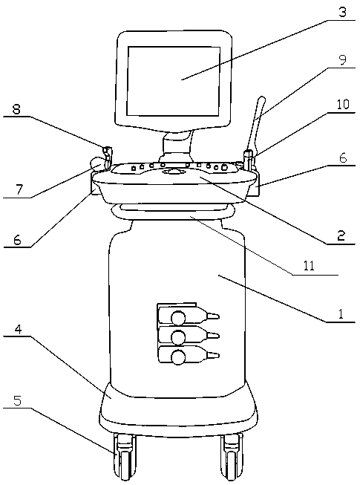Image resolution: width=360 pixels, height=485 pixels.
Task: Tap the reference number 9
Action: point(342,59)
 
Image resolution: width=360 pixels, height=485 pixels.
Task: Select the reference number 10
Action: point(342,104)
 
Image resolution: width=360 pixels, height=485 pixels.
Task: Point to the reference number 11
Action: point(309,265)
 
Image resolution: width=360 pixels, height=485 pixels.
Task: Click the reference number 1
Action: point(341,314)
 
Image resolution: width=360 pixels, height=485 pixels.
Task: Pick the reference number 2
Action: point(341,235)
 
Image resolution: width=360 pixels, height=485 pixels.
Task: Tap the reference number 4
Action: point(19,330)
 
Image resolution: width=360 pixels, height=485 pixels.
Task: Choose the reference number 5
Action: point(18,400)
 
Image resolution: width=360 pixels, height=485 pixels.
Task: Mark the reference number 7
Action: point(19,189)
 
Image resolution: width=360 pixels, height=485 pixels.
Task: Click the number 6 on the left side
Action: point(18,240)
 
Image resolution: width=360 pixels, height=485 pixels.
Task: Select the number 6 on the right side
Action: point(343,158)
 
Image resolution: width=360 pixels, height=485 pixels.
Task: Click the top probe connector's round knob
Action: point(179,318)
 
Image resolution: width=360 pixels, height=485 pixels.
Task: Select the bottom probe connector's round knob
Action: point(179,357)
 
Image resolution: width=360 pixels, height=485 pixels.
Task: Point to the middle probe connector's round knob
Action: point(179,337)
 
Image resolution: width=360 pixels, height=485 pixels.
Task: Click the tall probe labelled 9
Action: point(255,124)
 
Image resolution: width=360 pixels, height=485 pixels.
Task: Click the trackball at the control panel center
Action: point(174,171)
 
